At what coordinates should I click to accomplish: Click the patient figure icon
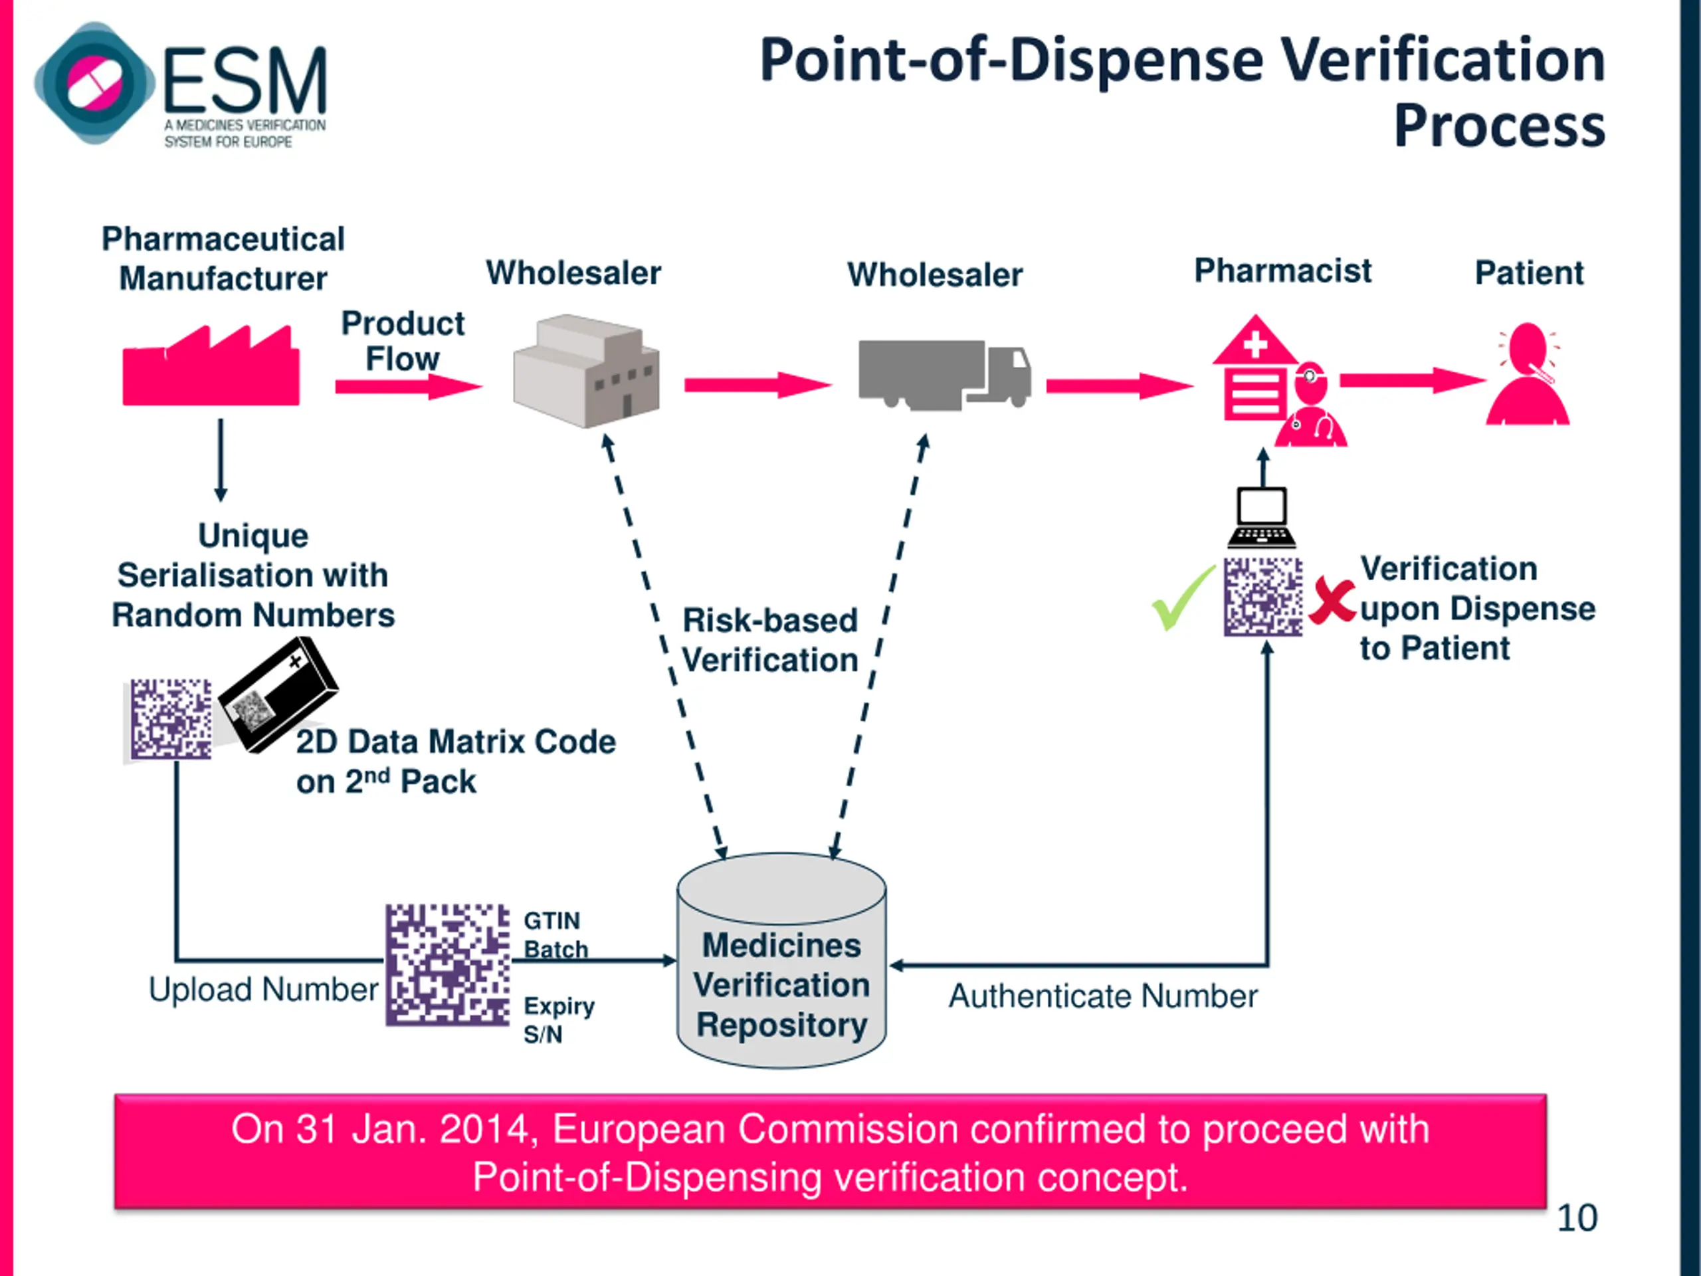point(1527,373)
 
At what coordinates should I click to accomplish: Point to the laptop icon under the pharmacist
point(1262,517)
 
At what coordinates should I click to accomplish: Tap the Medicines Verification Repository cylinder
point(781,960)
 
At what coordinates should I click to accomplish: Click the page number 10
point(1577,1218)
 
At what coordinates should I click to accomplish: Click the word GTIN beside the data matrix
point(551,920)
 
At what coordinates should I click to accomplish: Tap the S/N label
point(543,1035)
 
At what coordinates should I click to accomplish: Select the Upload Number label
point(263,990)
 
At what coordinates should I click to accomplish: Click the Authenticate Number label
point(1104,996)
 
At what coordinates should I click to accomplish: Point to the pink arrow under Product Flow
point(409,386)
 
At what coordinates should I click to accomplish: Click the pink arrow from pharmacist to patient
point(1413,380)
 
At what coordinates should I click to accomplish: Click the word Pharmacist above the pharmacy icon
point(1282,270)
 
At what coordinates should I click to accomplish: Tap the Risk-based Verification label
point(769,640)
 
